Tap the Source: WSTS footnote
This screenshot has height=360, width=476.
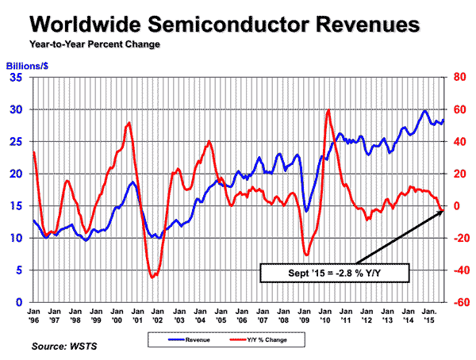coord(61,347)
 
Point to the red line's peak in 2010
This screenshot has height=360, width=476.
coord(328,110)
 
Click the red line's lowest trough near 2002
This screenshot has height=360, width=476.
coord(152,278)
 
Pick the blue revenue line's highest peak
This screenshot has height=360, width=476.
coord(425,110)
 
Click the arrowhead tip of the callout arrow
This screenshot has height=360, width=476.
coord(442,209)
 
